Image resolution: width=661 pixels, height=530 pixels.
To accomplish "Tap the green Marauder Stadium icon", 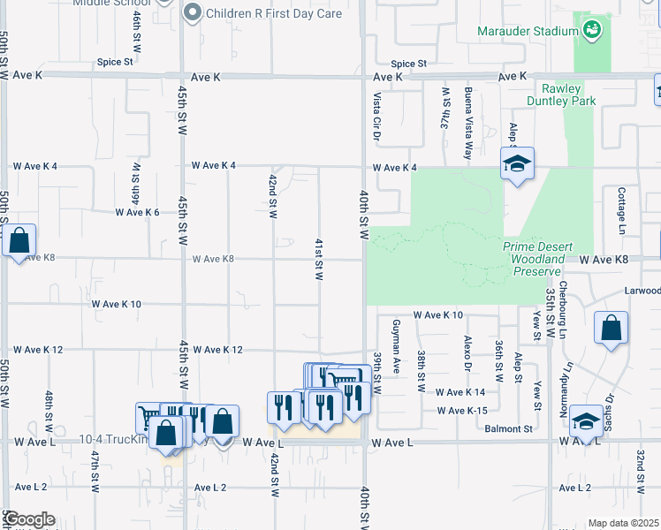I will pos(593,32).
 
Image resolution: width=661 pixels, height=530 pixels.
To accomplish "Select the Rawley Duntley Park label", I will pos(568,95).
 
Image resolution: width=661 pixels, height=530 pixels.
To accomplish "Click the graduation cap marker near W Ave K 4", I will pos(517,163).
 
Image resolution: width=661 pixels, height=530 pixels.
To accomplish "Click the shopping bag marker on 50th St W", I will pos(19,240).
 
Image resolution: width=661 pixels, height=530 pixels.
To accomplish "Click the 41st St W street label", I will pos(318,260).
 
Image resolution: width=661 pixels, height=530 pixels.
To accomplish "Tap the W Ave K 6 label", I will pos(137,213).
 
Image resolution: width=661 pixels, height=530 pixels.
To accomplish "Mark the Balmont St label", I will pos(510,428).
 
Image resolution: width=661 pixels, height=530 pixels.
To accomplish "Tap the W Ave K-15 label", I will pos(462,411).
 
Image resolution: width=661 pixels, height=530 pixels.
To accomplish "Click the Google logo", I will pos(28,520).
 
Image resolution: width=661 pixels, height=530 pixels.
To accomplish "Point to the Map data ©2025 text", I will pos(622,524).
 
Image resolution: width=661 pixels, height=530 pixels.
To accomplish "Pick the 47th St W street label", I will pos(95,471).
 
